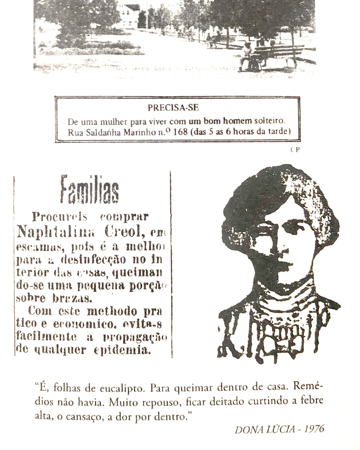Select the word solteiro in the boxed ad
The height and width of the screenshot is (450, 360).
pos(274,120)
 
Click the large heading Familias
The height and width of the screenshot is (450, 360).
pos(89,189)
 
